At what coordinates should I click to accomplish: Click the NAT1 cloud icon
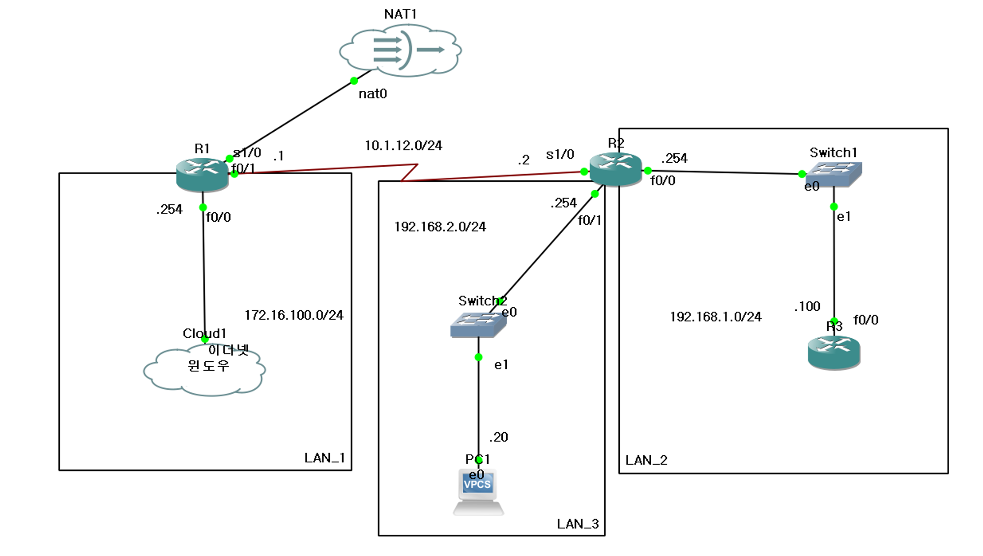[x=400, y=51]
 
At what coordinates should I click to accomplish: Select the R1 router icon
[x=202, y=175]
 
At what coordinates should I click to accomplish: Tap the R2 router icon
[x=616, y=169]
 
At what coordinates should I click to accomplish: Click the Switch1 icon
[x=834, y=174]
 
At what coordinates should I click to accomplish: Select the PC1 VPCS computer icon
[x=478, y=492]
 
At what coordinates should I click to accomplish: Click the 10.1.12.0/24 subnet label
[x=404, y=146]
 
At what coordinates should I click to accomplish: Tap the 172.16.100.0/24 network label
[x=294, y=315]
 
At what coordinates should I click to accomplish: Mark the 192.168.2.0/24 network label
[x=440, y=227]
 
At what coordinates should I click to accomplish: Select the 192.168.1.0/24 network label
[x=716, y=317]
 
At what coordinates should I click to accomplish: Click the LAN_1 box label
[x=324, y=458]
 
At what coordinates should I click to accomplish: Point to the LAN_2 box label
[x=646, y=460]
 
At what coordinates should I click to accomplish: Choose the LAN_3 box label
[x=578, y=524]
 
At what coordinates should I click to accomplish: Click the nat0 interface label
[x=373, y=94]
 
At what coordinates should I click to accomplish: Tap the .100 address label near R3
[x=808, y=307]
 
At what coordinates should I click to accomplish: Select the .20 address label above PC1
[x=499, y=437]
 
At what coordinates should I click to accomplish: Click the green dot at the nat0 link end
[x=354, y=81]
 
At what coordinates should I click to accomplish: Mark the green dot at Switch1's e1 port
[x=834, y=206]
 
